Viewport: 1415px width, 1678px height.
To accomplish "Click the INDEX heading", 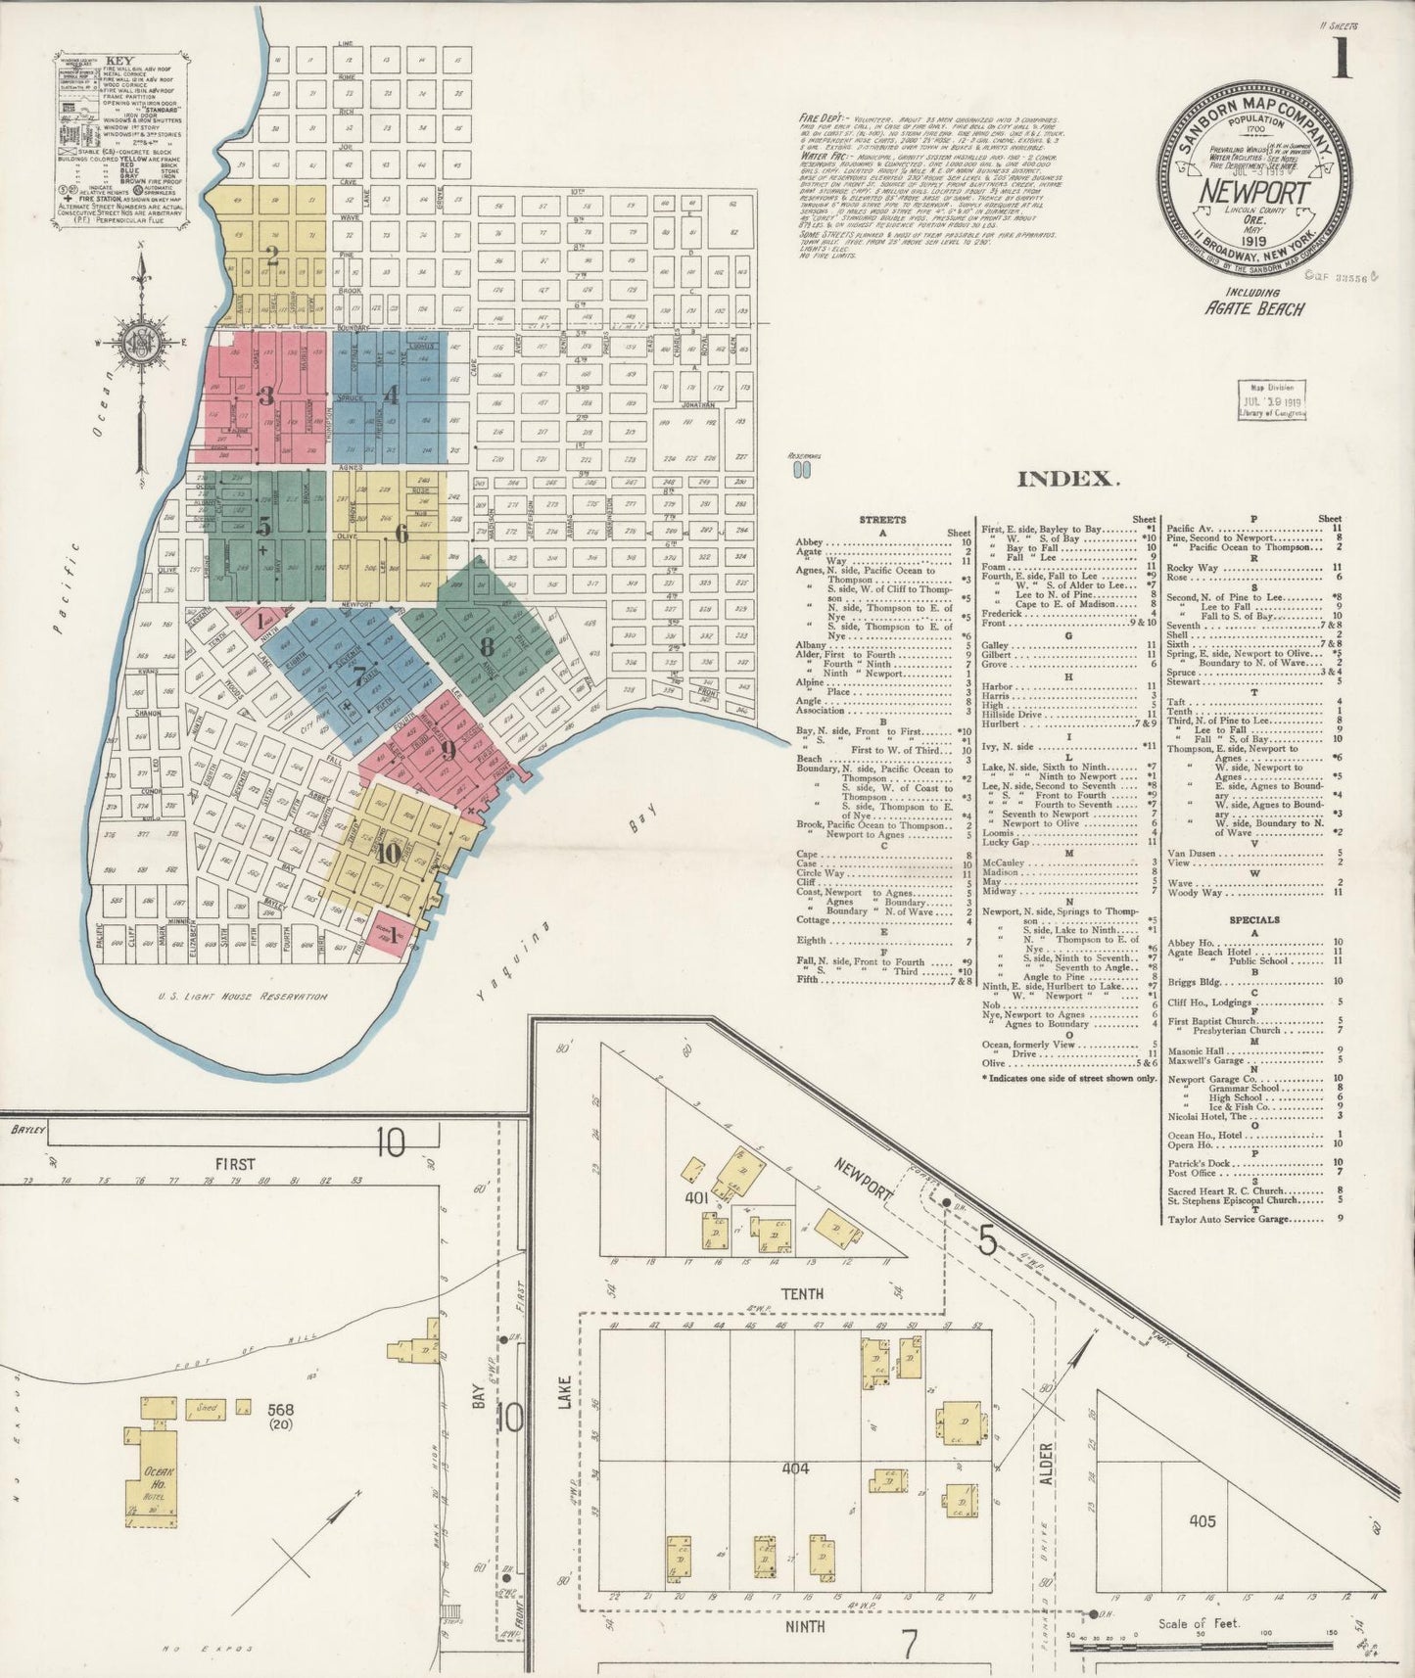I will tap(1066, 479).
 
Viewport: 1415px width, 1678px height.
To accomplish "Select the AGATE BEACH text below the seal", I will tap(1257, 308).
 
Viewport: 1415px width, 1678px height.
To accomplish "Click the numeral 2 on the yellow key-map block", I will tap(272, 256).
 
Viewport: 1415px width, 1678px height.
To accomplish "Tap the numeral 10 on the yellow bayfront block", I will tap(387, 853).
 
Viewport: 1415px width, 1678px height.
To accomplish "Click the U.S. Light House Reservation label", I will tap(242, 996).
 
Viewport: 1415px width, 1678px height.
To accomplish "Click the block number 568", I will tap(280, 1411).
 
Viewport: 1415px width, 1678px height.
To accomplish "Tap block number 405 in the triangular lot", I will tap(1203, 1520).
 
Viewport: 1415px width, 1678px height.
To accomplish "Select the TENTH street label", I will tap(802, 1293).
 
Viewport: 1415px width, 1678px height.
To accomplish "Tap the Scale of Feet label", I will tap(1199, 1622).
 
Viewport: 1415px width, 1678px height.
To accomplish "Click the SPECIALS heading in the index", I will tap(1254, 920).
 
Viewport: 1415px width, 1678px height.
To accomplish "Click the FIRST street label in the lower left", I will tap(235, 1164).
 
